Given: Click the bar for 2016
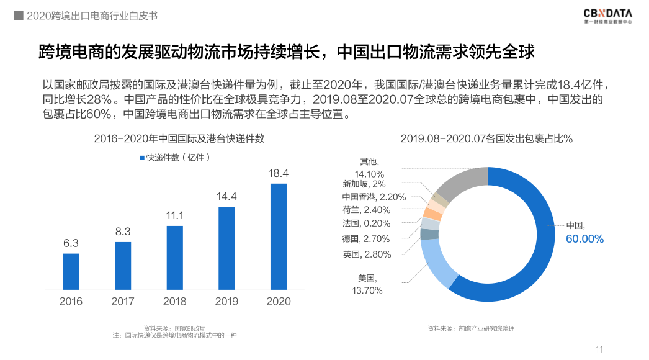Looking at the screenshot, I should (x=71, y=271).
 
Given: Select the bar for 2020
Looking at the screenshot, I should (x=279, y=236).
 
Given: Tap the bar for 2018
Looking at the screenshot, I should (x=175, y=258).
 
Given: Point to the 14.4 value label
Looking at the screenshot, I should (x=226, y=197).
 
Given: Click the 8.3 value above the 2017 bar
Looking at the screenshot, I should (x=123, y=232).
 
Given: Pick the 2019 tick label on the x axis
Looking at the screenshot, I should (x=226, y=302).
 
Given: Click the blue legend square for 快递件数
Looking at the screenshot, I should (x=142, y=158).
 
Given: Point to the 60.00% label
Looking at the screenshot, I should (x=584, y=239).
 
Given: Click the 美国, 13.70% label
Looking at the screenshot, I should (x=367, y=284).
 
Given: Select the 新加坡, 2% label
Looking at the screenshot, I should (x=364, y=184).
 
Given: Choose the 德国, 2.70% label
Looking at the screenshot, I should (x=366, y=239).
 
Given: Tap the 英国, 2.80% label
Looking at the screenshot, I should (x=367, y=254).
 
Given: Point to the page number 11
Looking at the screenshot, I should (x=599, y=349).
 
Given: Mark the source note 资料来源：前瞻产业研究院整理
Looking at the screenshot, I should (x=471, y=328).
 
